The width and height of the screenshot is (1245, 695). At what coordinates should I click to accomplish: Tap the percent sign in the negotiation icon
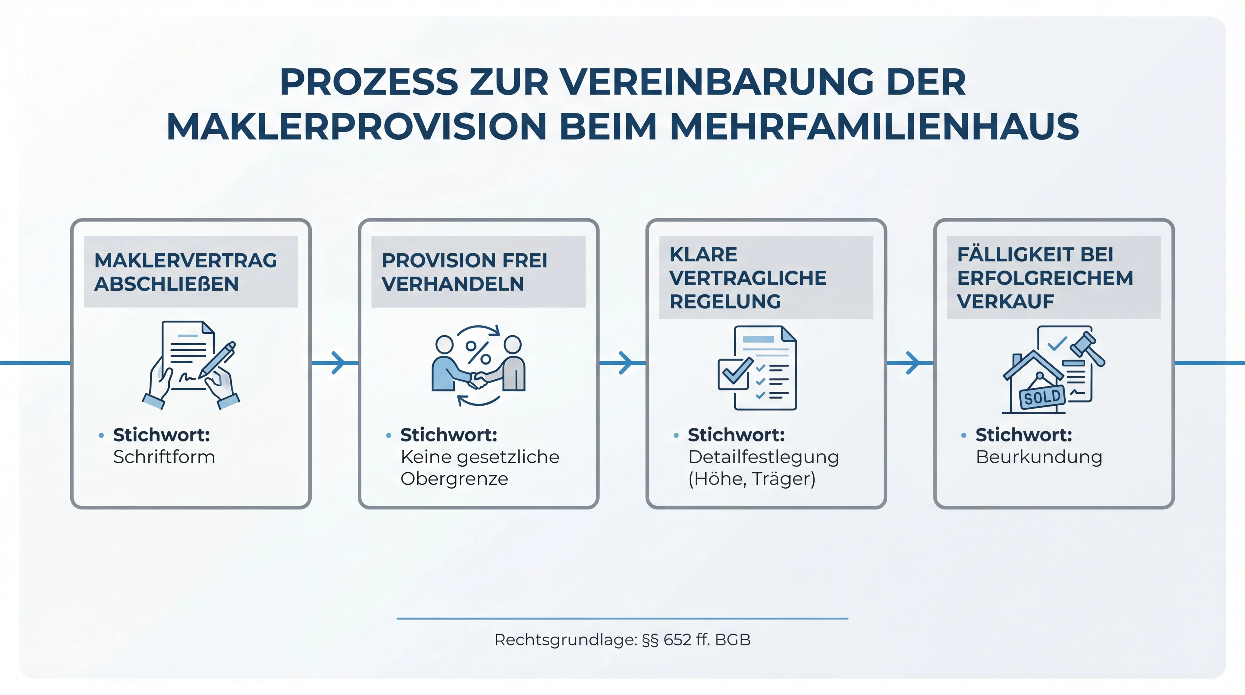point(478,352)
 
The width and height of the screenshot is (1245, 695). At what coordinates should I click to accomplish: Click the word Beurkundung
point(1039,457)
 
